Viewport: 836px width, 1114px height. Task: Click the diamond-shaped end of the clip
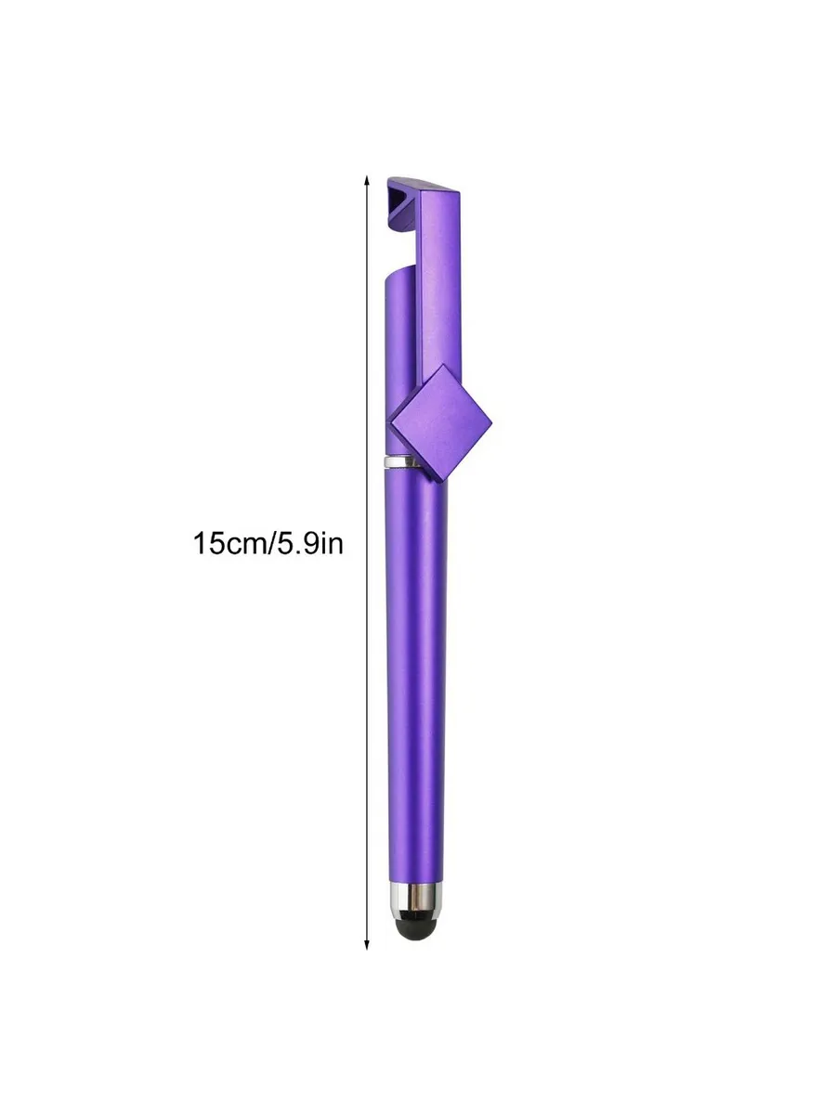click(440, 422)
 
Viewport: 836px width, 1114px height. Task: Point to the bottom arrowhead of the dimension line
click(367, 945)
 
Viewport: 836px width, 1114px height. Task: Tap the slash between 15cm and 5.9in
click(269, 544)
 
